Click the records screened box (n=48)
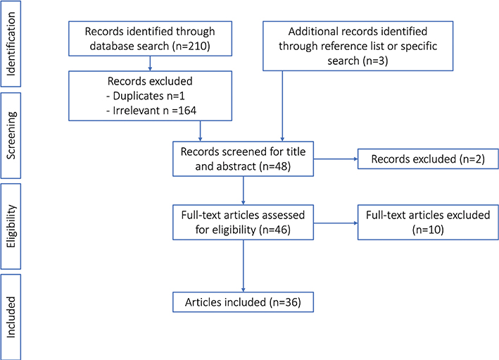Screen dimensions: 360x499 (x=243, y=159)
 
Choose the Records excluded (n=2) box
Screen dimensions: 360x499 (x=427, y=159)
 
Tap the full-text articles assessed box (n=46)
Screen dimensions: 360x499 (x=243, y=221)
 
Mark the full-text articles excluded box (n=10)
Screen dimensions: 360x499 (x=427, y=221)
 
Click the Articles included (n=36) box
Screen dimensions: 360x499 (x=243, y=302)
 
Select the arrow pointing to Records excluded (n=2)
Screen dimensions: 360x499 (x=334, y=159)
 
